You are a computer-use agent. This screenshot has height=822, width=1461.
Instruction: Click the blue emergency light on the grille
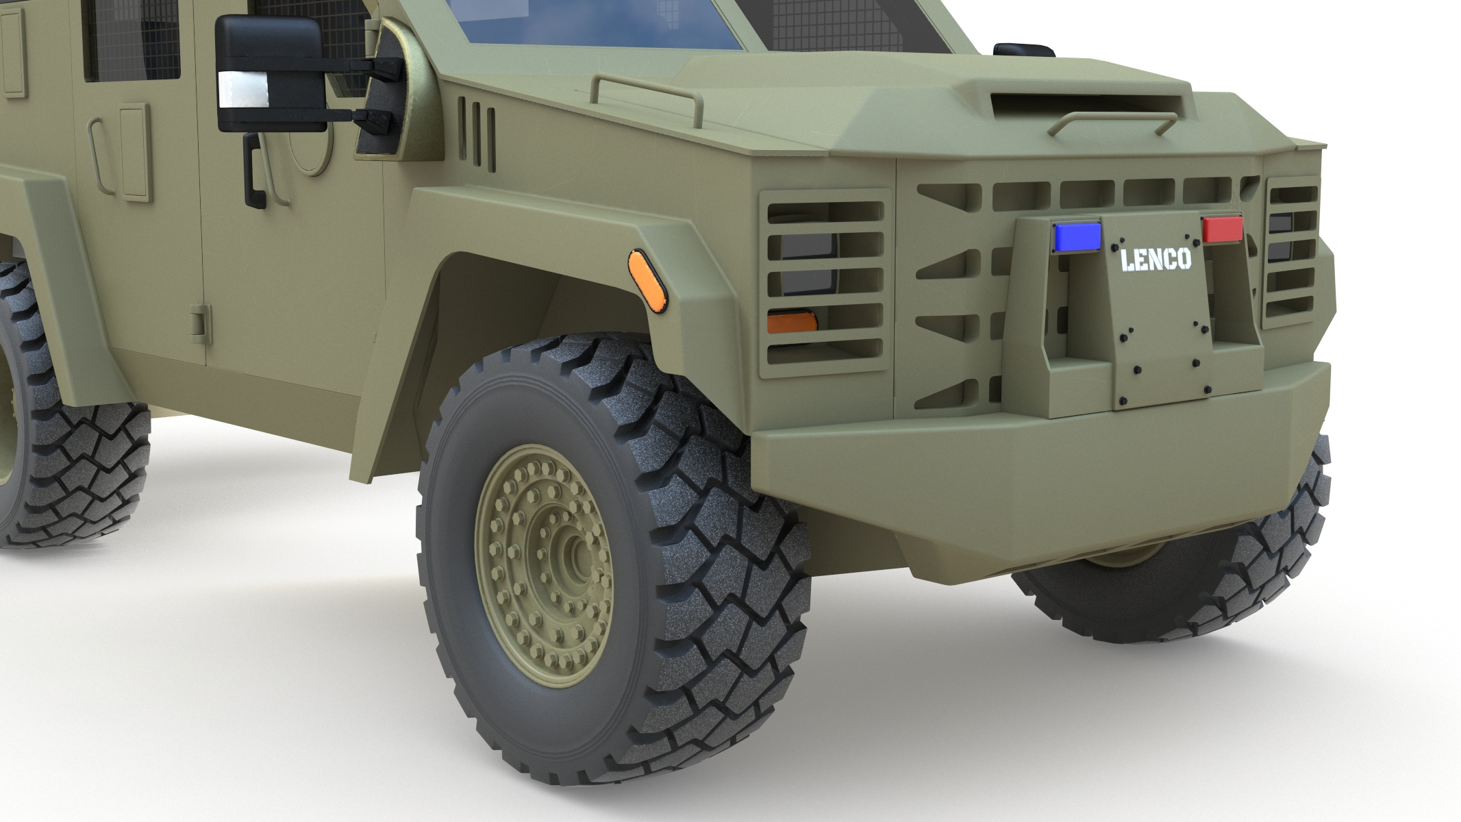(1077, 235)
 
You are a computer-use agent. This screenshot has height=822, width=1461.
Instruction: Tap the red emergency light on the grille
(1223, 229)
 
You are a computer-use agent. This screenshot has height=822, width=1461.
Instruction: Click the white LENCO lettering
(1156, 259)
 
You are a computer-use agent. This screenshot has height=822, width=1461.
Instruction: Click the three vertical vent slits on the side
(477, 132)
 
